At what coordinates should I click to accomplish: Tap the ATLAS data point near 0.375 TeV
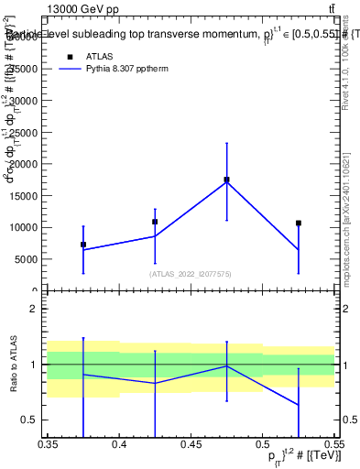click(x=83, y=245)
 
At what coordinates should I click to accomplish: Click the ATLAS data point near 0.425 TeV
click(x=155, y=222)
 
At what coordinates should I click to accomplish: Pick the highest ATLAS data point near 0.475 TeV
click(x=226, y=180)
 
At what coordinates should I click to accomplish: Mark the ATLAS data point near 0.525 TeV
click(x=298, y=223)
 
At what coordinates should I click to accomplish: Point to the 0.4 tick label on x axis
click(x=119, y=443)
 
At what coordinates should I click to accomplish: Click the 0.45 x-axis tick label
click(x=191, y=443)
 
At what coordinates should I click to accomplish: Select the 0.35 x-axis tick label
click(x=48, y=443)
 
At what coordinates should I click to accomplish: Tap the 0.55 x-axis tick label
click(x=333, y=443)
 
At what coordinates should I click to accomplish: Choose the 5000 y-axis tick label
click(x=27, y=259)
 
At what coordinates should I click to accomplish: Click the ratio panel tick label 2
click(x=34, y=310)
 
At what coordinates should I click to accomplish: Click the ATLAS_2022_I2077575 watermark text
click(x=191, y=274)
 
